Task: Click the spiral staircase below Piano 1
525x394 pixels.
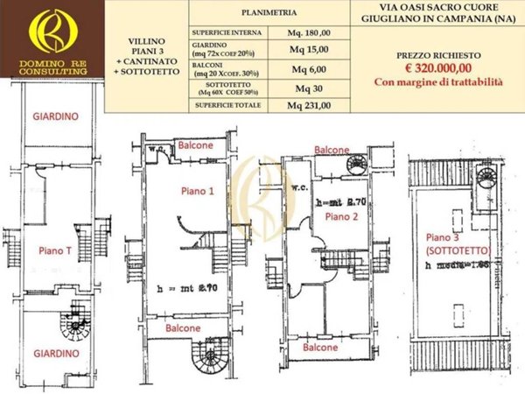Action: click(209, 357)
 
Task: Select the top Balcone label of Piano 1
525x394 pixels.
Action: click(194, 144)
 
